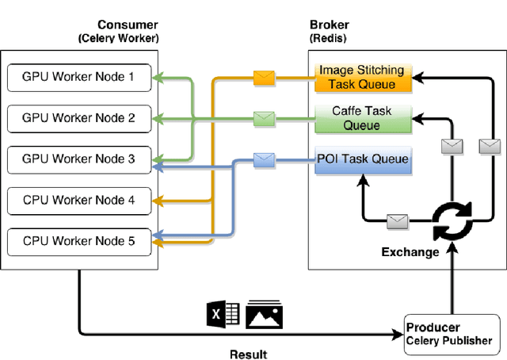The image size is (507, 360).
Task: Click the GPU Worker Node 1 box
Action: (78, 77)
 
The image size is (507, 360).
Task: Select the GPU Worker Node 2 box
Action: (78, 118)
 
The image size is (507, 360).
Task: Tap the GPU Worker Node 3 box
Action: (78, 159)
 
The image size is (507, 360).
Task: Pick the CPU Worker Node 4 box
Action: (78, 201)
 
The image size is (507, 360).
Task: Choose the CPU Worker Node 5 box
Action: (78, 241)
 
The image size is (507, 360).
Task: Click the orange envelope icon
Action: (264, 78)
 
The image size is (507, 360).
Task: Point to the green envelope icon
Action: (264, 119)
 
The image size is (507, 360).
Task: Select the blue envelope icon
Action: (264, 159)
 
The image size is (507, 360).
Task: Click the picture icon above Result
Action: (264, 315)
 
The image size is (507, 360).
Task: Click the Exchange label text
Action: (410, 252)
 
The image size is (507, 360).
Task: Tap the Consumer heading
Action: (127, 25)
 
